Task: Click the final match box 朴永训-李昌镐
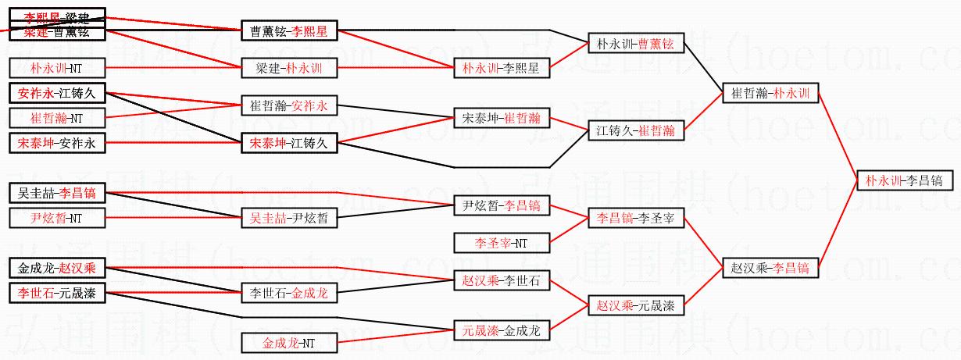903,180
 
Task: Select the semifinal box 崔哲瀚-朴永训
770,94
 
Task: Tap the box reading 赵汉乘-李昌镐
770,268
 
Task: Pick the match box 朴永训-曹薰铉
634,44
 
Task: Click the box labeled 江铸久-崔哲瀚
634,130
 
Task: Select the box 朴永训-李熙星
501,68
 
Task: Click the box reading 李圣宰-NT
501,243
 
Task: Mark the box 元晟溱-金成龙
501,330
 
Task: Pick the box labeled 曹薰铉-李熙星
288,31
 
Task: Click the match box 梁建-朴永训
288,68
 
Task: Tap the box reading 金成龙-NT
288,342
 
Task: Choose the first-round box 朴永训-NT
55,68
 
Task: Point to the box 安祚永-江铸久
55,94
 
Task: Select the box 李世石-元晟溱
55,294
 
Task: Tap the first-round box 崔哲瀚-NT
55,119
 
